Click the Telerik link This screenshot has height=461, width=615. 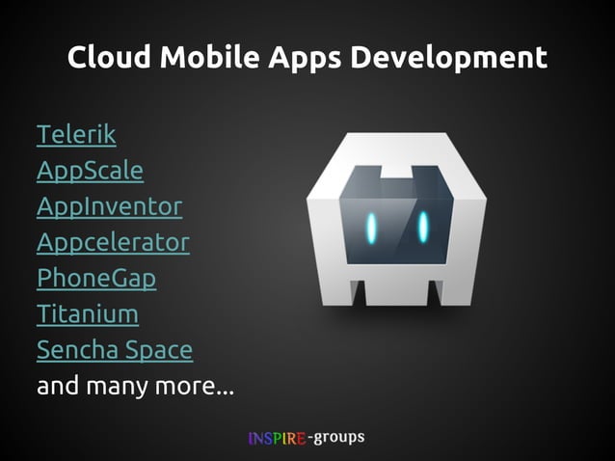tap(76, 135)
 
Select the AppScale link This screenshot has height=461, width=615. tap(90, 171)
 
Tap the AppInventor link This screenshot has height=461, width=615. tap(109, 206)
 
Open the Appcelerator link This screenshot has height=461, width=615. tap(113, 242)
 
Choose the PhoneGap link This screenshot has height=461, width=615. tap(96, 278)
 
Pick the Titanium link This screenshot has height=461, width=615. tap(88, 313)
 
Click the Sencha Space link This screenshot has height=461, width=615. tap(115, 349)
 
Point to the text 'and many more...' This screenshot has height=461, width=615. tap(135, 387)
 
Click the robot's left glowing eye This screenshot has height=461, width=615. tap(371, 228)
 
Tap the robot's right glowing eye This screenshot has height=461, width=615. tap(423, 227)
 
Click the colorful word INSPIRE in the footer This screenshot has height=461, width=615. tap(277, 439)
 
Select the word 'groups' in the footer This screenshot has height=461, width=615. tap(338, 438)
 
